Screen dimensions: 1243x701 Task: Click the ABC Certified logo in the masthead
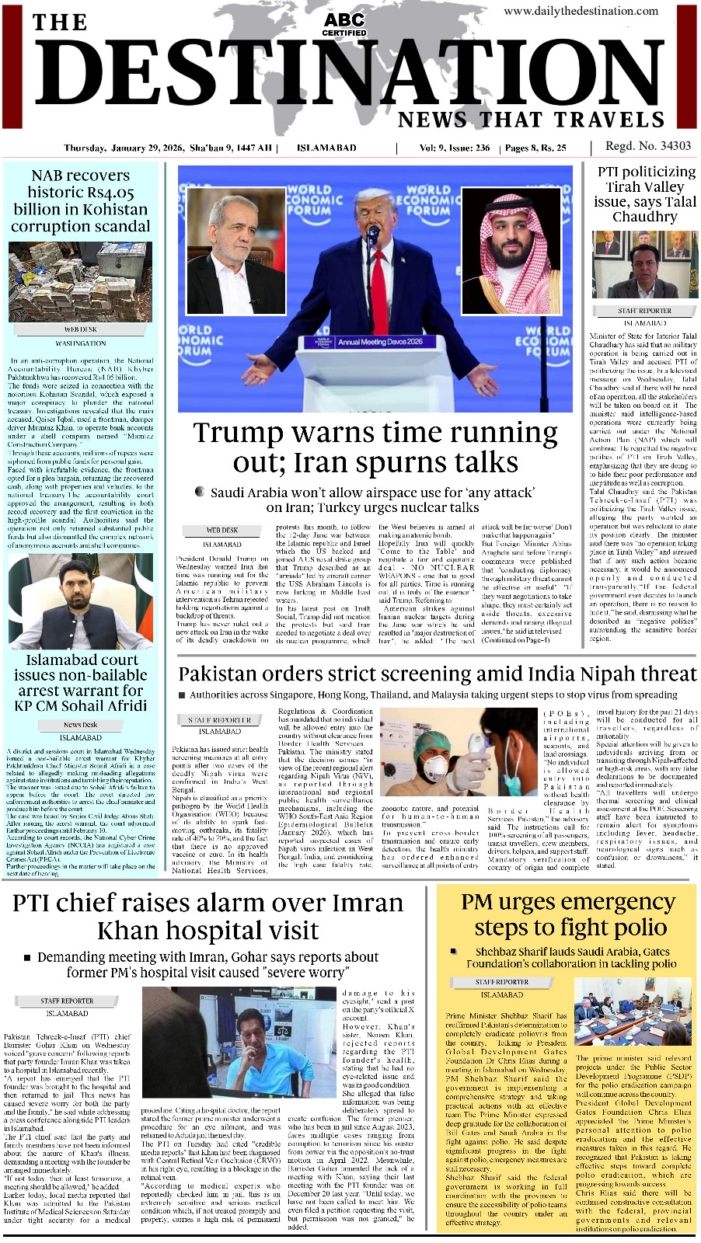(x=344, y=24)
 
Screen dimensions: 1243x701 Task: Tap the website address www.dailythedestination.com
(x=581, y=11)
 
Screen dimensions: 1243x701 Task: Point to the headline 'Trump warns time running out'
(x=375, y=447)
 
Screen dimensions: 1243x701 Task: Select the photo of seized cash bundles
(x=81, y=281)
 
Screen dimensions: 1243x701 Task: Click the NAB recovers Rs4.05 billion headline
(x=81, y=200)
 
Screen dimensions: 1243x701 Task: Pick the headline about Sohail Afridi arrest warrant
(x=81, y=682)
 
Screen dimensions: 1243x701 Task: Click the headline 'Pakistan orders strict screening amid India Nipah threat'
(x=437, y=674)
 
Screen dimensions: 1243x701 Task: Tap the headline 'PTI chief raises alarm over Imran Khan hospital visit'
(x=208, y=916)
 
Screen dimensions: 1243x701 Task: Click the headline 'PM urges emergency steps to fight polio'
(x=568, y=914)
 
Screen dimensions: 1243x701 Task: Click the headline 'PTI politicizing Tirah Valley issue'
(x=645, y=194)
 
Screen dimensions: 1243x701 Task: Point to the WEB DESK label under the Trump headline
(x=222, y=530)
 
